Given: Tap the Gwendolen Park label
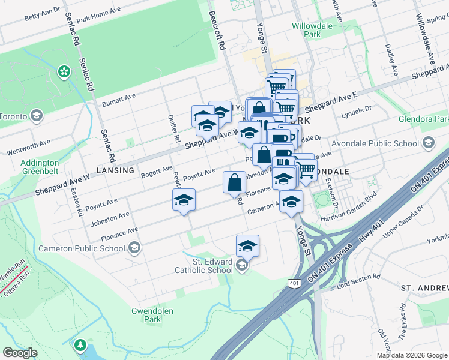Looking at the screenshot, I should (147, 315).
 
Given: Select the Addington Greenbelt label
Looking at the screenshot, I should (41, 166).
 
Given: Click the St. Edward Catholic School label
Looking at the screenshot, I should (203, 266).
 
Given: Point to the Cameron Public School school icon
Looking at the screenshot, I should (134, 248).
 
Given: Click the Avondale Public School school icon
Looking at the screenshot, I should (428, 143).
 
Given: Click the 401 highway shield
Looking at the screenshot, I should (294, 283).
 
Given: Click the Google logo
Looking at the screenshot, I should (20, 353).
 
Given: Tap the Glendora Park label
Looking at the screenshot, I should (423, 119).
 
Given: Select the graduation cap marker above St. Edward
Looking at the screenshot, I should (247, 245).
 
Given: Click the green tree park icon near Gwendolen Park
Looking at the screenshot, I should (80, 346).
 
